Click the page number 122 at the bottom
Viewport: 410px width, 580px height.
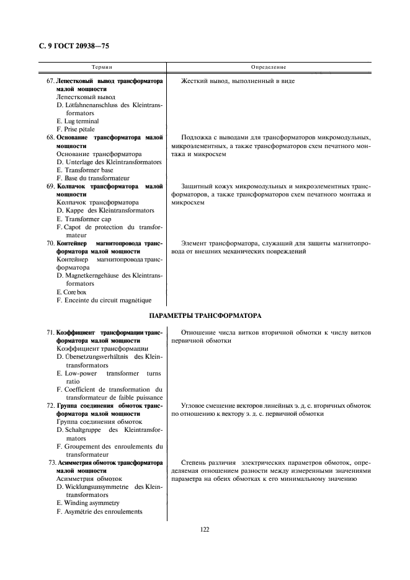pyautogui.click(x=205, y=529)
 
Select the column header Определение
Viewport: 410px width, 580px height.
pyautogui.click(x=269, y=66)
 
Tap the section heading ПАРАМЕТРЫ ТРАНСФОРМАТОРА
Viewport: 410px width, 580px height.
pyautogui.click(x=205, y=315)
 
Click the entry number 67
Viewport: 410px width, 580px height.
pyautogui.click(x=50, y=81)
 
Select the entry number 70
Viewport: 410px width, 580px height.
pyautogui.click(x=50, y=243)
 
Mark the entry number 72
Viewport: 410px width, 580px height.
pyautogui.click(x=50, y=405)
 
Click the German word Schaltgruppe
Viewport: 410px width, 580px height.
pyautogui.click(x=83, y=429)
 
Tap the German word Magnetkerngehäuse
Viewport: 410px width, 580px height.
pyautogui.click(x=93, y=275)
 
